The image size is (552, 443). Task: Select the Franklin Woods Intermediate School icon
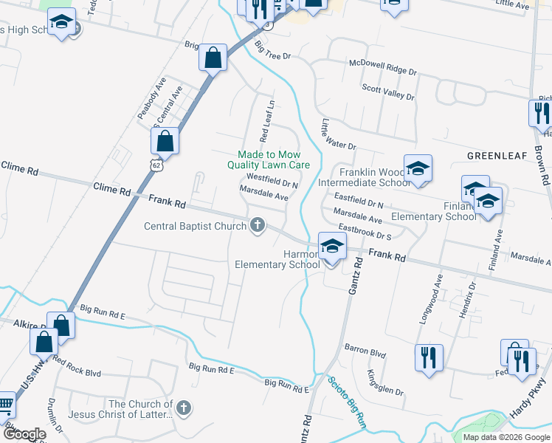418,170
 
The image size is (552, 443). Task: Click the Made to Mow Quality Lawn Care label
273,160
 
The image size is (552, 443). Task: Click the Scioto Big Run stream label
347,402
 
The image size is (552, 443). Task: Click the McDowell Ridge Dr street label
383,68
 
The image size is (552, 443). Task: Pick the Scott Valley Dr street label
387,92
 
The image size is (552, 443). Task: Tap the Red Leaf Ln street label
266,122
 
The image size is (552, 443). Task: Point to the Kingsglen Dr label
385,382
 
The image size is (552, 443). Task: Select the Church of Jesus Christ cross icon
184,408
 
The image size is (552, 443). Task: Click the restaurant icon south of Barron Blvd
429,360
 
